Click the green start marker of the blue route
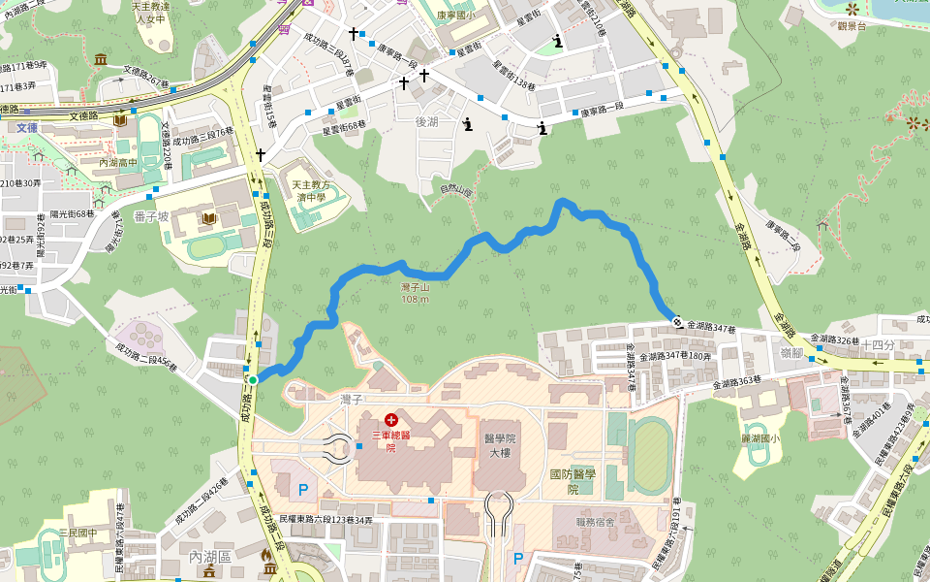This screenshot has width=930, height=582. [252, 379]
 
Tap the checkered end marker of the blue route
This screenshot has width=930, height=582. [675, 322]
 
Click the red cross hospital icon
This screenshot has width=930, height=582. [390, 420]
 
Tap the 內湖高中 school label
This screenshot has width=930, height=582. [124, 162]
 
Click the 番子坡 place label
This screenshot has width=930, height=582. [153, 215]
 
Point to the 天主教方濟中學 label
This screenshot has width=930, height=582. [311, 189]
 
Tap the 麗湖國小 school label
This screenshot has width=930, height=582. [759, 437]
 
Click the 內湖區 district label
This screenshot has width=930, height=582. [209, 556]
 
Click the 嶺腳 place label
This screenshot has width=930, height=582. [790, 352]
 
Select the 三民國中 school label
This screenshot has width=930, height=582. [77, 533]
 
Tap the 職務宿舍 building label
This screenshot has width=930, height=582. [596, 522]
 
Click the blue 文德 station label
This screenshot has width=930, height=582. [26, 127]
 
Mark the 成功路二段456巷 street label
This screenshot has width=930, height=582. [145, 357]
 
